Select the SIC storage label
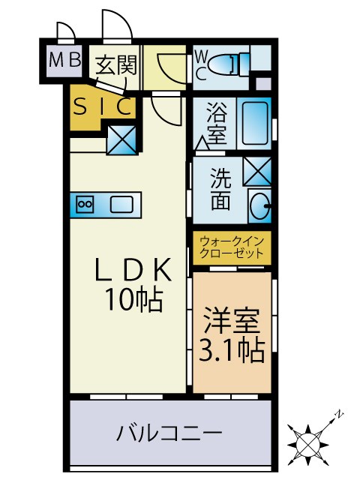pyautogui.click(x=103, y=107)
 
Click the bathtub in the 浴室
pyautogui.click(x=254, y=123)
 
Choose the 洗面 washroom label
pyautogui.click(x=220, y=190)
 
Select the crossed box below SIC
pyautogui.click(x=121, y=139)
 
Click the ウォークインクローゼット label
pyautogui.click(x=231, y=247)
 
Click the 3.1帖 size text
pyautogui.click(x=231, y=350)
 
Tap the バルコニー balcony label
pyautogui.click(x=169, y=434)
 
